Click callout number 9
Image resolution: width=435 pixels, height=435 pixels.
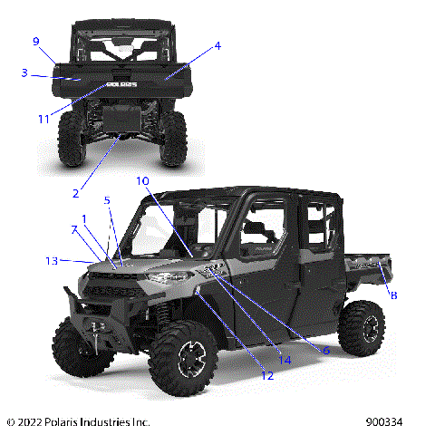[x=35, y=42]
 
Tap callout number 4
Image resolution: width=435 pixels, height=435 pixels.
[x=217, y=45]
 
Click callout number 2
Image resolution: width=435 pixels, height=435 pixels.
[x=75, y=193]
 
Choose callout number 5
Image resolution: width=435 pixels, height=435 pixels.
[x=107, y=199]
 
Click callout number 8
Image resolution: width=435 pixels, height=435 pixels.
[x=392, y=294]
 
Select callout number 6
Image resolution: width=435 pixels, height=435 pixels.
[x=325, y=350]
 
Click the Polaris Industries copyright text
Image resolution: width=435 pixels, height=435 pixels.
[x=77, y=422]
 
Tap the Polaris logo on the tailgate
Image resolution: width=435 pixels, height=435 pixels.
[x=122, y=84]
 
